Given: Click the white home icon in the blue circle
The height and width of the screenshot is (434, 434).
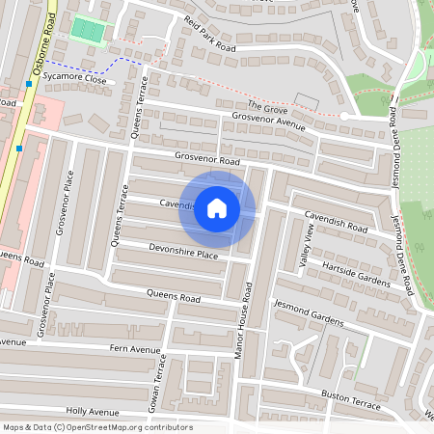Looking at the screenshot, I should point(217,208).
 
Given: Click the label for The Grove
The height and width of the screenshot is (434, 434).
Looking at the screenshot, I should point(268,106).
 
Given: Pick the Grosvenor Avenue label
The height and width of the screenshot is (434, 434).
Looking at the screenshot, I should point(261,122).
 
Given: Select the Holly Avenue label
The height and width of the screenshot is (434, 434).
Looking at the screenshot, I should point(93,412).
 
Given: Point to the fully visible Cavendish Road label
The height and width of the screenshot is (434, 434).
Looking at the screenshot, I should point(336,221).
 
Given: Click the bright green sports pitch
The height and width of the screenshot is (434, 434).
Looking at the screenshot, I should point(88,30).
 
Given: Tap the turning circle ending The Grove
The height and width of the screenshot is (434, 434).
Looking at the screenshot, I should point(344,115).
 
